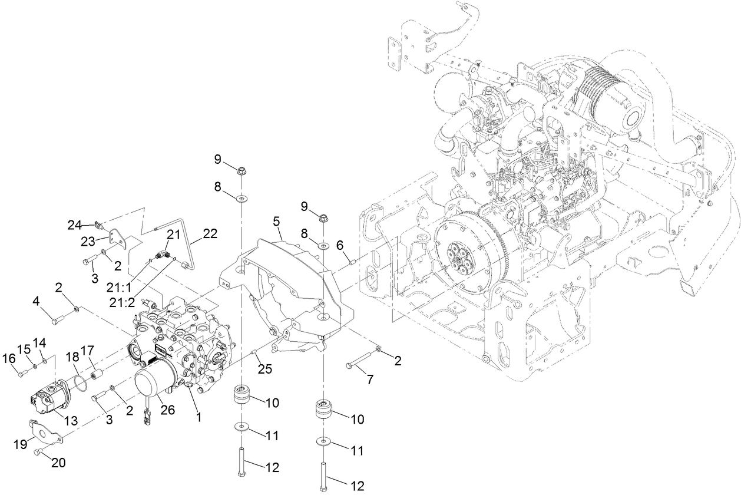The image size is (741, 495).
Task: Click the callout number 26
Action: pyautogui.click(x=168, y=410)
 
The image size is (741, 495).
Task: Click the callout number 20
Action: pyautogui.click(x=58, y=463)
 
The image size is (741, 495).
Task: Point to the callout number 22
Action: pyautogui.click(x=210, y=234)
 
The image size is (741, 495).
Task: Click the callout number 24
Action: pyautogui.click(x=74, y=225)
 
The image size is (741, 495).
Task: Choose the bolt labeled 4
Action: pyautogui.click(x=58, y=321)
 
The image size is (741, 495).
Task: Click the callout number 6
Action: pyautogui.click(x=339, y=245)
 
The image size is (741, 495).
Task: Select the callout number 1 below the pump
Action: pyautogui.click(x=199, y=417)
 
